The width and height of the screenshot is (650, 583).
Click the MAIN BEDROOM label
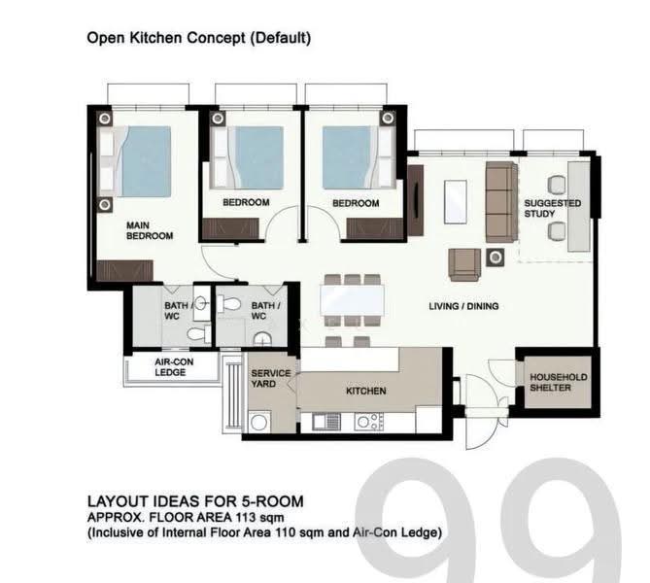[150, 230]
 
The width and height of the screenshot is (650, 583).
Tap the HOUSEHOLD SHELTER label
[559, 382]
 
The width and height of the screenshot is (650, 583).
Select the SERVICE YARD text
[271, 378]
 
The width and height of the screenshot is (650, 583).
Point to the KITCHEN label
[366, 391]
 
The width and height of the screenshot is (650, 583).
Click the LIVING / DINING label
[463, 306]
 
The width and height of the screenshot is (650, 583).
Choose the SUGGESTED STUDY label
[552, 209]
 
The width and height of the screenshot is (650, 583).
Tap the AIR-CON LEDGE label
[174, 367]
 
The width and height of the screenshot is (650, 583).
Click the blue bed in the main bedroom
[142, 161]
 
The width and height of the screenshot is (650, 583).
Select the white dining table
[352, 300]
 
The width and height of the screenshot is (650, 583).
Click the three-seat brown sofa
[501, 202]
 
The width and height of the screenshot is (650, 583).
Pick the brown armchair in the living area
[464, 264]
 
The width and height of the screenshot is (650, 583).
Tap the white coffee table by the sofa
[455, 202]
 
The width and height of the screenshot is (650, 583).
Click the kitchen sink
[321, 422]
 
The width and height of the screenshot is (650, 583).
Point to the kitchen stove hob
[369, 422]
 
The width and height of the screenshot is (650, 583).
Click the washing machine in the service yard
[259, 423]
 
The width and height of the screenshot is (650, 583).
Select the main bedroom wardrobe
[124, 271]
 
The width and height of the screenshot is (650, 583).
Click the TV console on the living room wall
[416, 201]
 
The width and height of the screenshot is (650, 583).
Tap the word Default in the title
[280, 38]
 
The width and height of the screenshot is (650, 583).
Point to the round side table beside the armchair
[496, 257]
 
